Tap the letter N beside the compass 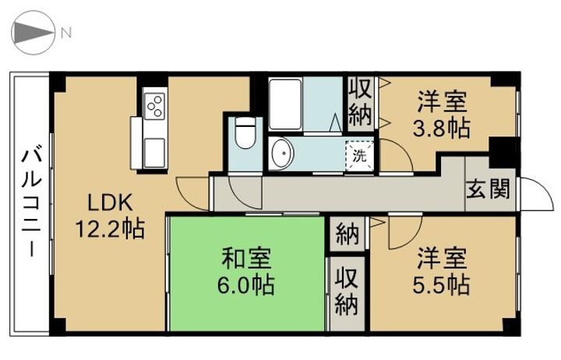pyautogui.click(x=67, y=33)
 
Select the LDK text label pyautogui.click(x=109, y=204)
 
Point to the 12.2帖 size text pyautogui.click(x=110, y=230)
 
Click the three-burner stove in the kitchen pyautogui.click(x=154, y=104)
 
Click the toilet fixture pyautogui.click(x=245, y=134)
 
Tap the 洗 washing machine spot pyautogui.click(x=360, y=154)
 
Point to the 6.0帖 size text pyautogui.click(x=246, y=284)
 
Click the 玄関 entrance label pyautogui.click(x=489, y=189)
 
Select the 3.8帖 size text pyautogui.click(x=442, y=128)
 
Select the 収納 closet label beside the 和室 pyautogui.click(x=346, y=290)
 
